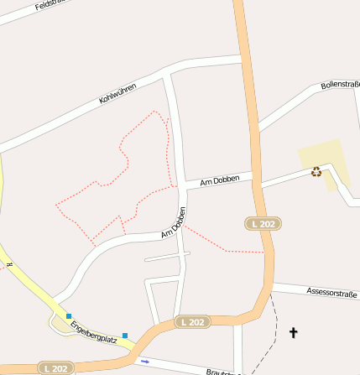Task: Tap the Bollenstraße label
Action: pyautogui.click(x=340, y=86)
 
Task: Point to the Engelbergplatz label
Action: pyautogui.click(x=92, y=332)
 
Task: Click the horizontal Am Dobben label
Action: pyautogui.click(x=220, y=180)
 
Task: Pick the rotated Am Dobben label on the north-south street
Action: pyautogui.click(x=174, y=222)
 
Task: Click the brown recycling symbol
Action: pyautogui.click(x=316, y=172)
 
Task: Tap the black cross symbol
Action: pyautogui.click(x=294, y=333)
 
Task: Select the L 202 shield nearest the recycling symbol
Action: pyautogui.click(x=263, y=223)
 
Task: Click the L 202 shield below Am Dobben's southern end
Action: pyautogui.click(x=192, y=322)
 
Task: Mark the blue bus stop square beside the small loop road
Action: pyautogui.click(x=69, y=316)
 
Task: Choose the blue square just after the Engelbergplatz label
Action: pyautogui.click(x=125, y=336)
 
